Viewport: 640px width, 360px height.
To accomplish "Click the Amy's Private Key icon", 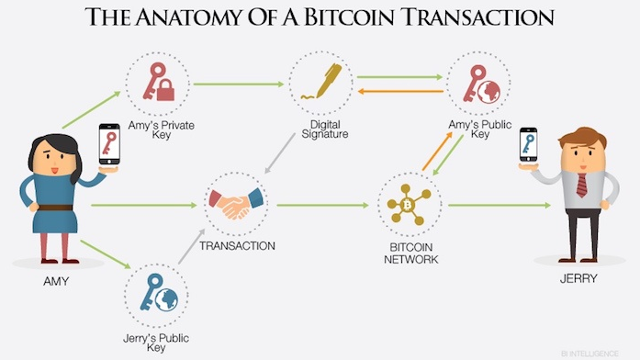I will click(157, 84).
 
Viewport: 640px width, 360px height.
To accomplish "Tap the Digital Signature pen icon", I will click(320, 84).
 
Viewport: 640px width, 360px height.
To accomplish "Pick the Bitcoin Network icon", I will click(410, 204).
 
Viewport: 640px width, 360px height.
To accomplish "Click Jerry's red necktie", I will click(580, 183).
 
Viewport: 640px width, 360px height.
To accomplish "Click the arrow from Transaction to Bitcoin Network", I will click(321, 205).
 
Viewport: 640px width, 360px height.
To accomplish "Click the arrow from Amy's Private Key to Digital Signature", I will click(239, 84).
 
